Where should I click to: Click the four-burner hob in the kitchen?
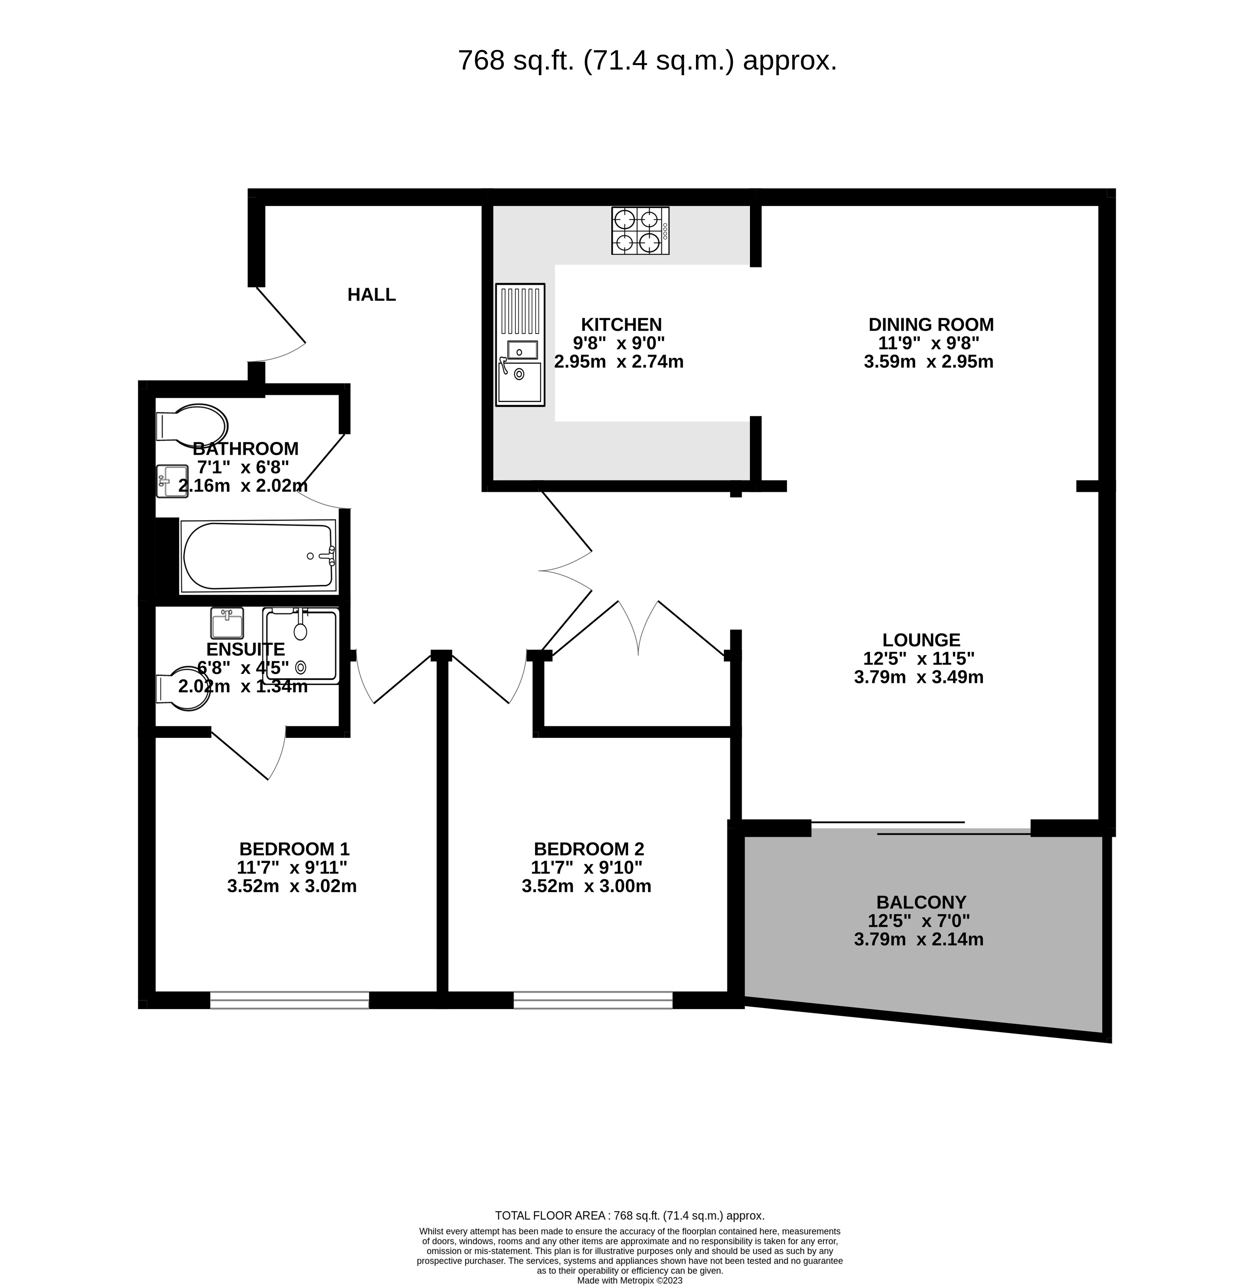(x=640, y=230)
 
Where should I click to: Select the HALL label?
(x=372, y=295)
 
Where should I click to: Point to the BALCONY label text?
(x=921, y=902)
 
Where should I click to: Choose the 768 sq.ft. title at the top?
(x=647, y=60)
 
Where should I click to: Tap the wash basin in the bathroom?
(x=172, y=481)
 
